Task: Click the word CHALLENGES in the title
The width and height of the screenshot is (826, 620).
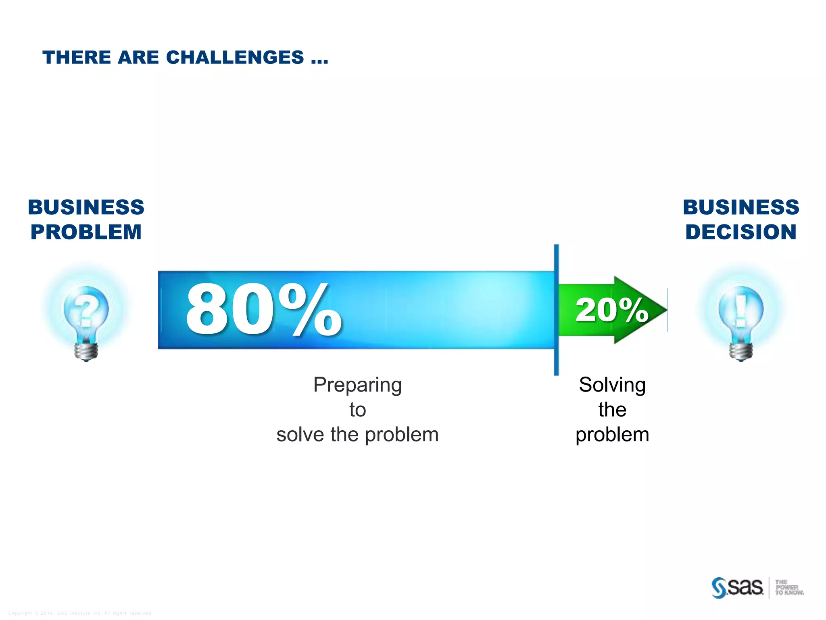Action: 235,57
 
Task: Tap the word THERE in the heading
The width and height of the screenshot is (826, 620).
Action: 77,57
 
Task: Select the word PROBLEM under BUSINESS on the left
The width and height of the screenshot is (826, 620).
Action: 86,232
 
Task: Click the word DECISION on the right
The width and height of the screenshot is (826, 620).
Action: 741,232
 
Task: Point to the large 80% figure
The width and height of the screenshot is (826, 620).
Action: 263,310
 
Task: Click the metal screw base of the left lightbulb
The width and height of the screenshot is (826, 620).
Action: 86,350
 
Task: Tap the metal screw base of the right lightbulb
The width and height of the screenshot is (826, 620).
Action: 741,350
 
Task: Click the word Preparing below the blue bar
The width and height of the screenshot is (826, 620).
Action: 357,385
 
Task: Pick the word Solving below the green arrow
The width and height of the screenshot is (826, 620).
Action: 612,385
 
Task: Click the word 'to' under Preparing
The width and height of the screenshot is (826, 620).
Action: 357,410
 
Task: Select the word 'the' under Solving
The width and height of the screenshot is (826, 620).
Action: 612,410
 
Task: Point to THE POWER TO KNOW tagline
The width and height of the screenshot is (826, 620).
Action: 788,587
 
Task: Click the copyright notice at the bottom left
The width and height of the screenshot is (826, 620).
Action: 79,613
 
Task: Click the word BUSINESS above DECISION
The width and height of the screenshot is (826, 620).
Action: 741,207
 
